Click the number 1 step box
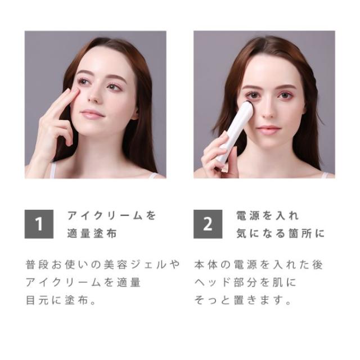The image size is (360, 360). pyautogui.click(x=39, y=224)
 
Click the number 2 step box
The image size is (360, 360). pyautogui.click(x=208, y=224)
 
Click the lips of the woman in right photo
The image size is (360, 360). pyautogui.click(x=268, y=129)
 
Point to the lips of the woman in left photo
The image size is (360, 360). pyautogui.click(x=92, y=114)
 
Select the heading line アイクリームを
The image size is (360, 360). pyautogui.click(x=111, y=216)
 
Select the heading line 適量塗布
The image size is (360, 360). pyautogui.click(x=92, y=233)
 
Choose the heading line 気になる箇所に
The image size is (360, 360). pyautogui.click(x=280, y=233)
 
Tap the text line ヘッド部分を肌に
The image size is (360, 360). pyautogui.click(x=245, y=282)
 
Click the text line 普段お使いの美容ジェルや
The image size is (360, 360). pyautogui.click(x=103, y=264)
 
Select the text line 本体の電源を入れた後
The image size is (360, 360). pyautogui.click(x=258, y=264)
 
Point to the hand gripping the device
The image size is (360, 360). pyautogui.click(x=217, y=155)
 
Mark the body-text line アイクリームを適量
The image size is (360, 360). pyautogui.click(x=83, y=282)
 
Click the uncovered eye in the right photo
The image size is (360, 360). pyautogui.click(x=286, y=95)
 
